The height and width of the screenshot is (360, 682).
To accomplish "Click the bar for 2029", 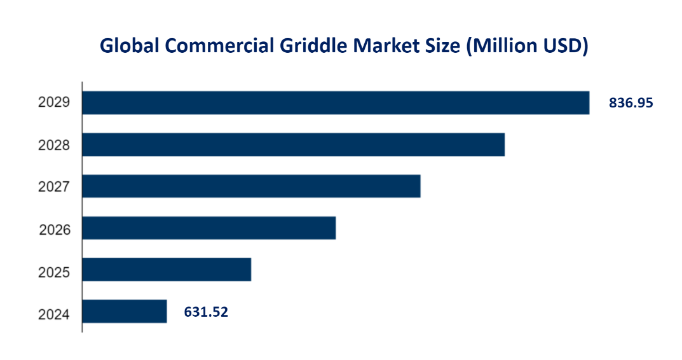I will tap(336, 102).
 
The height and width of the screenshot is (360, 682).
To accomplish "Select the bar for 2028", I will tap(293, 144).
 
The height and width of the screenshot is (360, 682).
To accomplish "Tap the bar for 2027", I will tap(251, 186).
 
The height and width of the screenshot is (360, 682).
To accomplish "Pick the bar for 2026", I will tap(208, 228).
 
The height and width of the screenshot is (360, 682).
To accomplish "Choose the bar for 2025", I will tap(167, 270).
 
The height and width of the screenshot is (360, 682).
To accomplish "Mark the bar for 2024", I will tap(125, 312).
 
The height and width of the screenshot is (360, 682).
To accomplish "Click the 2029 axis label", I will tap(53, 103).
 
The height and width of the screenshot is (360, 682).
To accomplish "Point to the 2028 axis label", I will tap(53, 145).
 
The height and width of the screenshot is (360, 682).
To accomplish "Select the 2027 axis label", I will tap(53, 187).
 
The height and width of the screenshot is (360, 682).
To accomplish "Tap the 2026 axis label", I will tap(53, 229).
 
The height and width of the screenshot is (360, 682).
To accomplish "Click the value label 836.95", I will tap(631, 103).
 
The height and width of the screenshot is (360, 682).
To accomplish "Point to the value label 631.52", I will tap(206, 312).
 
